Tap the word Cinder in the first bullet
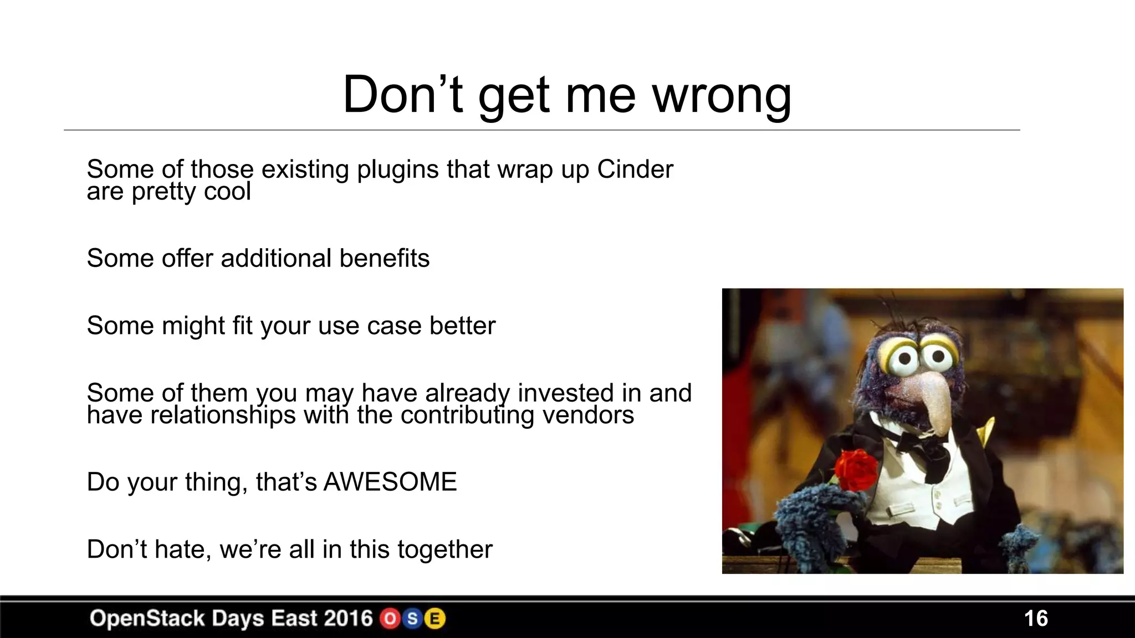(635, 169)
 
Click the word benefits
(384, 259)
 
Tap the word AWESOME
(390, 482)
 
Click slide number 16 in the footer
(1035, 619)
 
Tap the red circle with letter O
(390, 619)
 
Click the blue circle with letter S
(412, 619)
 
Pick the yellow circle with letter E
(434, 619)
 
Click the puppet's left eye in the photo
(904, 359)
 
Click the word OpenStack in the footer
(147, 618)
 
